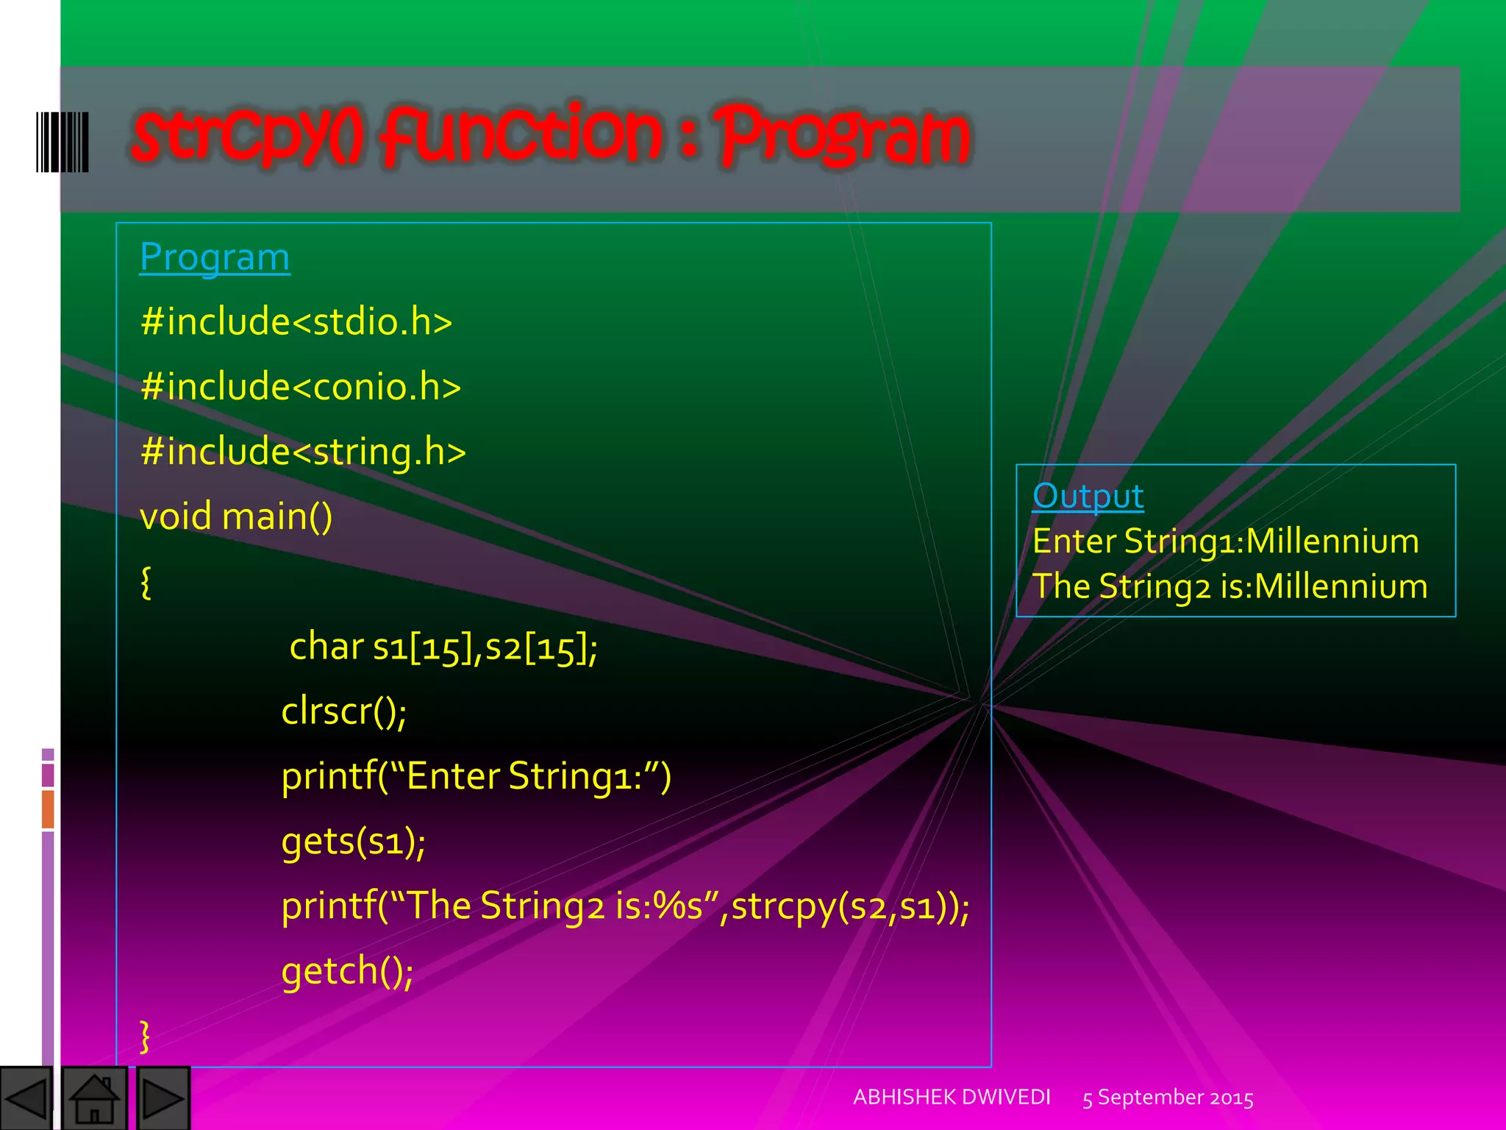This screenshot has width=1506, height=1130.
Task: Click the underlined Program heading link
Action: coord(215,257)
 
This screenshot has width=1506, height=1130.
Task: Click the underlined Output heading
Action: coord(1088,496)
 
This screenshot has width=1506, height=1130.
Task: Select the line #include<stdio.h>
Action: coord(296,322)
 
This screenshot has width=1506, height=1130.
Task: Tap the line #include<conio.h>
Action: coord(300,387)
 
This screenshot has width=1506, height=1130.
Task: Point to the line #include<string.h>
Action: coord(303,452)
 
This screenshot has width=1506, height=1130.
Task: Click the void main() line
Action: coord(236,516)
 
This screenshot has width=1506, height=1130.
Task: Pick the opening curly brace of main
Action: coord(146,582)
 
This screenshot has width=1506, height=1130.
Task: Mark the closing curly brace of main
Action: coord(145,1036)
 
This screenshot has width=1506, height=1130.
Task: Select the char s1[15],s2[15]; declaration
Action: coord(443,647)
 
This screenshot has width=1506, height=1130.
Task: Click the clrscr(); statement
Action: coord(344,711)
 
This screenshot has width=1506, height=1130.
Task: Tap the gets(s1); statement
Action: coord(353,841)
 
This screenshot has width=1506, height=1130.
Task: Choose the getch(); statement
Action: coord(347,971)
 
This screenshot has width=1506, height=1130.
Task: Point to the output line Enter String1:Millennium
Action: coord(1225,541)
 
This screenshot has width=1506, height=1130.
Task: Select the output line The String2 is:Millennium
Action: coord(1230,586)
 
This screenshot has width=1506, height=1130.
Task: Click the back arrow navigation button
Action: coord(26,1098)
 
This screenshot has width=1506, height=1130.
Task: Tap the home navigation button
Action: coord(94,1098)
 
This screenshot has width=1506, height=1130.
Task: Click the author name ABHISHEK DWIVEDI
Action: coord(952,1097)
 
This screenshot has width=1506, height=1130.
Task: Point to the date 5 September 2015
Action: coord(1168,1098)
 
